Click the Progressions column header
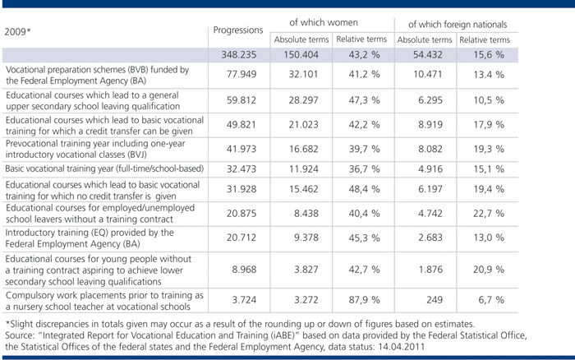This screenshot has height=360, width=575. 237,31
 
